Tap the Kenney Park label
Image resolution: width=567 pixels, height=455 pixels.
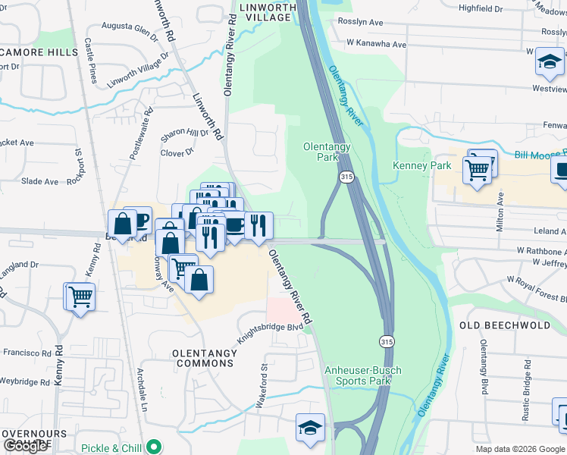tap(421, 165)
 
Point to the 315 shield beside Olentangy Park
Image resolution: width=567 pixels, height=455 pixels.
tap(346, 177)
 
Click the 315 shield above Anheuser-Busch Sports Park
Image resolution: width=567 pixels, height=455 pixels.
tap(387, 341)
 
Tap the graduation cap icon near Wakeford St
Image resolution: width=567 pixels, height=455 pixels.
tap(310, 428)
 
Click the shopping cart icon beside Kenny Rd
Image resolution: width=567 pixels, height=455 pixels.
tap(80, 297)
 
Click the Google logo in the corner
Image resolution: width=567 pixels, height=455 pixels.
tap(25, 446)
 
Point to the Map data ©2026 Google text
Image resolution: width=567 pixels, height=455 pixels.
tap(520, 449)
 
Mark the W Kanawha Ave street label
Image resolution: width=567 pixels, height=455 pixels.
tap(368, 45)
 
